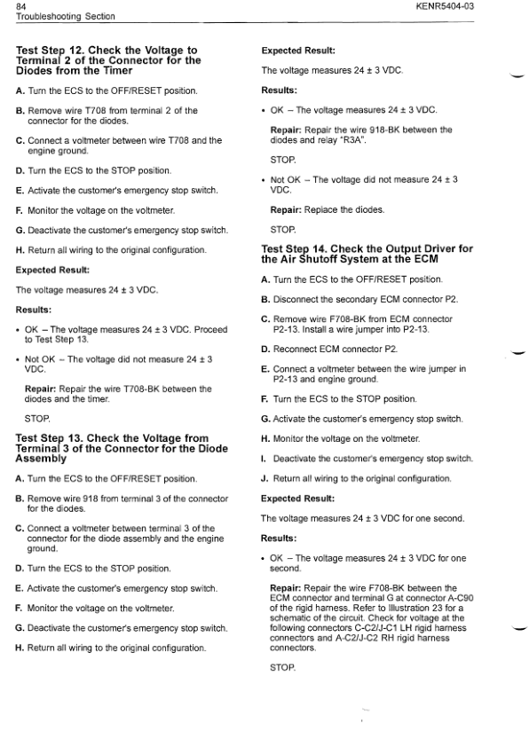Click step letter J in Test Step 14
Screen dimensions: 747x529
(x=264, y=479)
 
